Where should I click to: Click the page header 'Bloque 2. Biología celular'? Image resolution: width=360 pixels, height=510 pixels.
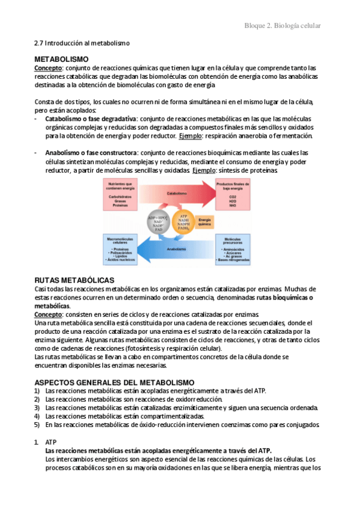click(282, 26)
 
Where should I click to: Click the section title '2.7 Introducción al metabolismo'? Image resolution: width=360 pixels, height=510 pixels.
click(82, 44)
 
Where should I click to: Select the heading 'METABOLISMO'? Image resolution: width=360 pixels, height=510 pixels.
click(61, 60)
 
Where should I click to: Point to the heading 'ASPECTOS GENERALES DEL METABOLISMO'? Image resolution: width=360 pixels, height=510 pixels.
click(114, 382)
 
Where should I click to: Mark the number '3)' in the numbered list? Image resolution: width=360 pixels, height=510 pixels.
click(37, 408)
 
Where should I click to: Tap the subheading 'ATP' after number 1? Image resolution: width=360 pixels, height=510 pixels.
click(51, 441)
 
